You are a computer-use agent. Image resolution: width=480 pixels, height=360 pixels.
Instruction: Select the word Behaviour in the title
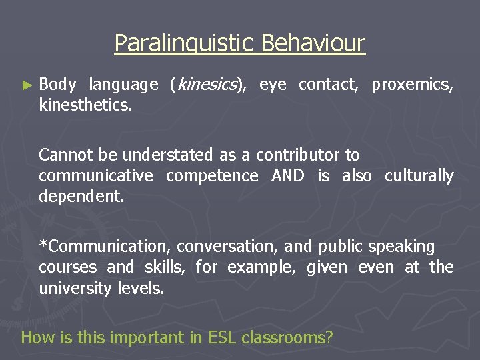(x=313, y=43)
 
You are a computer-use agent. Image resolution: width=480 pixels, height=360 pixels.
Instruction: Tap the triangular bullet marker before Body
(x=27, y=85)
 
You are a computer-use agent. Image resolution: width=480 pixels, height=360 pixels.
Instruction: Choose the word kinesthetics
(x=85, y=105)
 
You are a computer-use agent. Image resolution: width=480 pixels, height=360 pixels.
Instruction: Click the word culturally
(x=419, y=176)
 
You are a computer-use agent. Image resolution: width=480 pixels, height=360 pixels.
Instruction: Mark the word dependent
(x=81, y=197)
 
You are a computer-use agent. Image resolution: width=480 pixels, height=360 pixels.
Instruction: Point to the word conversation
(x=227, y=247)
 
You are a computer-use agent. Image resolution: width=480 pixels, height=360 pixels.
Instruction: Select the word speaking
(x=404, y=247)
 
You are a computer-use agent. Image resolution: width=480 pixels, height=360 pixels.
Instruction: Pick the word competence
(x=212, y=176)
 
